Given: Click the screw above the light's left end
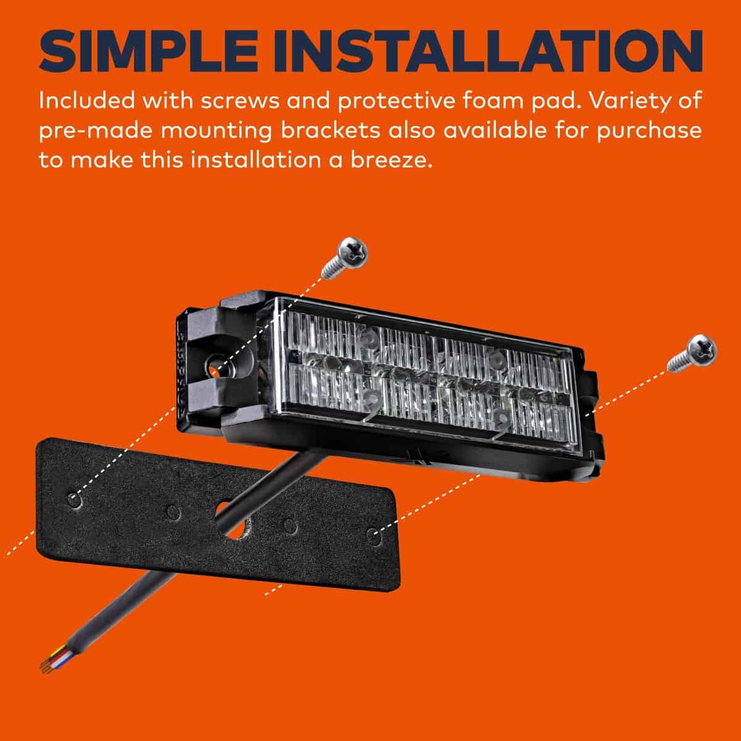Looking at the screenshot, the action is (x=345, y=257).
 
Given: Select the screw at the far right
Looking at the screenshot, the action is (x=692, y=353).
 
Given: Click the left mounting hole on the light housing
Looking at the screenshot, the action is (x=214, y=363).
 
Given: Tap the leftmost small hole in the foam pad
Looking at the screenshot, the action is (x=73, y=500).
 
